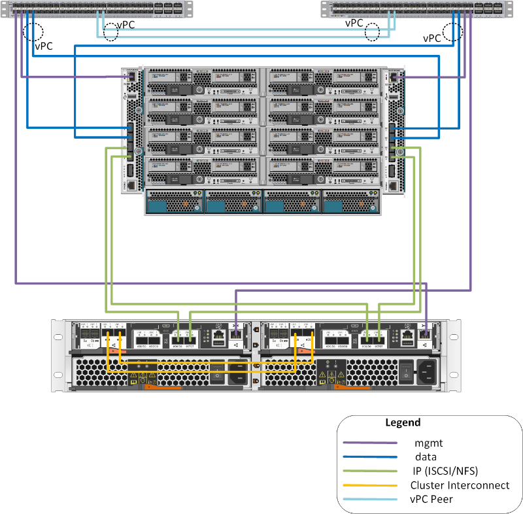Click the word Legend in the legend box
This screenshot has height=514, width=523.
pyautogui.click(x=403, y=422)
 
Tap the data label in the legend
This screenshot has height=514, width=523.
pyautogui.click(x=426, y=457)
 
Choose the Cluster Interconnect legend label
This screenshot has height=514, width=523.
pyautogui.click(x=460, y=485)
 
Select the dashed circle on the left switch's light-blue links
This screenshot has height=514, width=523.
pyautogui.click(x=111, y=33)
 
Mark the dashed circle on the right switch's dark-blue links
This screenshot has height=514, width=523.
pyautogui.click(x=452, y=31)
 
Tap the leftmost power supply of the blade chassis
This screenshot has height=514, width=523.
pyautogui.click(x=173, y=201)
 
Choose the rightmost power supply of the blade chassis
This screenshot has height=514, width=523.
pyautogui.click(x=351, y=201)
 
